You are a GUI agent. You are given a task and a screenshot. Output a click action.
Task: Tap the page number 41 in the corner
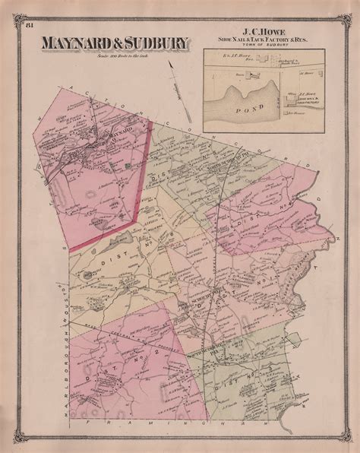[x=28, y=28]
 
